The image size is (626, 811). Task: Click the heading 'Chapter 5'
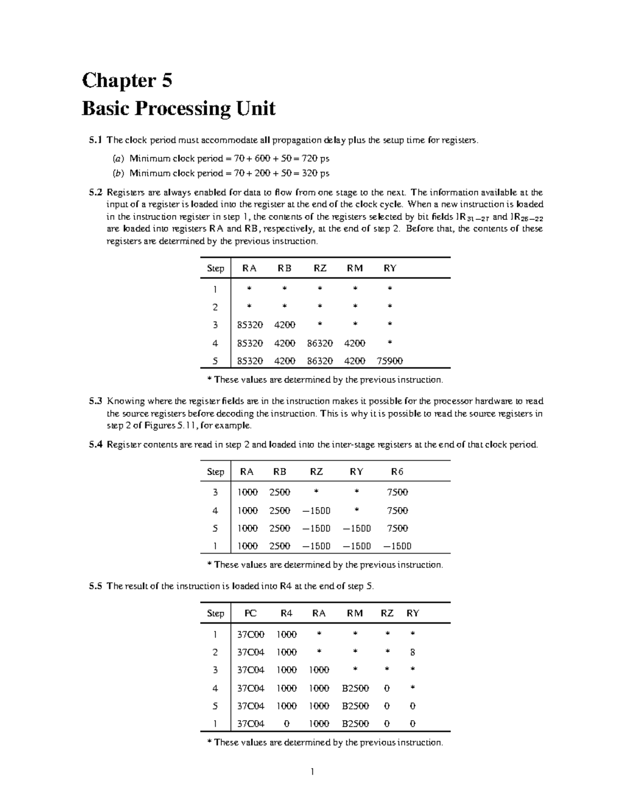pos(127,80)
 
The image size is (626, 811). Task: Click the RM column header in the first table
pos(354,268)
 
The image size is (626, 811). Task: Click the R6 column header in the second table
pos(397,472)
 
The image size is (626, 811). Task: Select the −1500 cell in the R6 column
pos(397,546)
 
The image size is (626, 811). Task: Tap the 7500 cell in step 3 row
pos(397,492)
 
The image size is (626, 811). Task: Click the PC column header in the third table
pos(250,614)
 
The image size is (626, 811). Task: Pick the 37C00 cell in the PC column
pos(250,634)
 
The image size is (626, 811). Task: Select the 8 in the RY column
pos(413,652)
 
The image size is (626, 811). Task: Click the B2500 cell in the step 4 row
pos(355,688)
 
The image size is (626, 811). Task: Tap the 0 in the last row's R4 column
pos(286,724)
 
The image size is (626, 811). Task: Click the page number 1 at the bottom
pos(312,772)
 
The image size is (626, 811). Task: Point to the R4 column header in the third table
pos(286,614)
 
